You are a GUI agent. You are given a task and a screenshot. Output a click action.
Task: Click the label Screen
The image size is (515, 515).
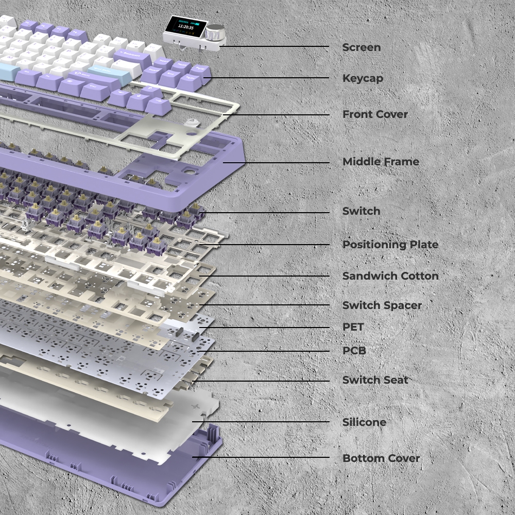click(x=362, y=47)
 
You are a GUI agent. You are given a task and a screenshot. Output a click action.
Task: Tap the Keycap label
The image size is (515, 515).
click(x=363, y=78)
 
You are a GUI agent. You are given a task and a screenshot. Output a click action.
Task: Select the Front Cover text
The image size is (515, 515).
click(x=375, y=114)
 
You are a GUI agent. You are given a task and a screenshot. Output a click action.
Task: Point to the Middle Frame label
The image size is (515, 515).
click(x=381, y=162)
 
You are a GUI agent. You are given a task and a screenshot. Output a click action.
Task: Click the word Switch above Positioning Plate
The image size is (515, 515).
click(x=362, y=211)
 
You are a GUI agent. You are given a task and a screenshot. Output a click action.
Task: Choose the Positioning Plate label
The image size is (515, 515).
click(x=390, y=245)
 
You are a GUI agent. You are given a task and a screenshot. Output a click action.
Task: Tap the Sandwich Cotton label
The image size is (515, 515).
click(x=390, y=276)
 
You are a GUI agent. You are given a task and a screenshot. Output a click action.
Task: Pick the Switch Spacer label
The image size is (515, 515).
click(x=382, y=305)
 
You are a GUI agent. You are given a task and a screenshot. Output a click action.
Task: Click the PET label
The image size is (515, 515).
click(x=353, y=327)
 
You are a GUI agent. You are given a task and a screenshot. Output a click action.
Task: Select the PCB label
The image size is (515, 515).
click(x=354, y=351)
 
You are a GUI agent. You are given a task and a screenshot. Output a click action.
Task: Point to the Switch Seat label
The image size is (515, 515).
click(x=375, y=380)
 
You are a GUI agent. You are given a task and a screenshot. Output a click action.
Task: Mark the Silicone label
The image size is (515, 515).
click(x=364, y=422)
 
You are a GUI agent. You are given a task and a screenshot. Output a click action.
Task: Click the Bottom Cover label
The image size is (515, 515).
click(x=381, y=458)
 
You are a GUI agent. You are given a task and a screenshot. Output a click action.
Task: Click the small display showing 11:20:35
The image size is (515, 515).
click(x=186, y=26)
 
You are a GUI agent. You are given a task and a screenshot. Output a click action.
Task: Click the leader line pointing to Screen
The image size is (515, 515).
click(x=274, y=46)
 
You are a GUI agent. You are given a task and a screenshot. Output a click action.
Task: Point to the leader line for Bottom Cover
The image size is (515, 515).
click(x=261, y=457)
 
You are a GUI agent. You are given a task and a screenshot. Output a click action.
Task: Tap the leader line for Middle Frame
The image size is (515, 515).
click(x=276, y=163)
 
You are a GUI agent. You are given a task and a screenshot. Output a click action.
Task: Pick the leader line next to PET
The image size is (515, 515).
click(x=264, y=328)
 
